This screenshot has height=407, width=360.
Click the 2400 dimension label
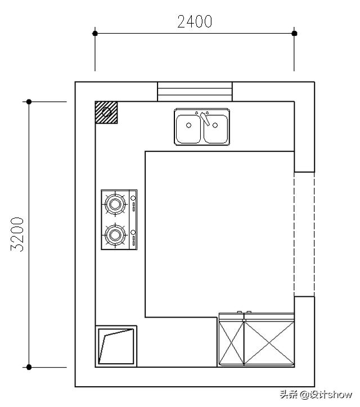(195, 21)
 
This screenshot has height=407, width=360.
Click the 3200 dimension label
(17, 234)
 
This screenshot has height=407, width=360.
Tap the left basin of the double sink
(188, 129)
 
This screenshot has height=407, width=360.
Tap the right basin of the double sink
(216, 129)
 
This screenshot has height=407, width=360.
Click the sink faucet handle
(205, 119)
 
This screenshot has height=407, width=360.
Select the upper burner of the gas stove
(115, 204)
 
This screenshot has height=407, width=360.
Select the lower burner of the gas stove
(115, 235)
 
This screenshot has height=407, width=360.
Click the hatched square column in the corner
(106, 112)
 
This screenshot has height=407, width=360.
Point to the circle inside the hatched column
(106, 112)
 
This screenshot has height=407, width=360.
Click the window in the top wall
(195, 92)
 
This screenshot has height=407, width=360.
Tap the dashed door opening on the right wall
(304, 234)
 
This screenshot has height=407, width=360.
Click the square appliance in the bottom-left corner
(116, 346)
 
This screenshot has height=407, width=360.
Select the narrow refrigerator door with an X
(231, 343)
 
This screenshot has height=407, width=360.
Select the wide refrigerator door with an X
(269, 343)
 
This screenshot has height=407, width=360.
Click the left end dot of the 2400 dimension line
(95, 33)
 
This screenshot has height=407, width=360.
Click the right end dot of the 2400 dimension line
(294, 33)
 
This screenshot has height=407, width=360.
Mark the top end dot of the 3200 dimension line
(29, 102)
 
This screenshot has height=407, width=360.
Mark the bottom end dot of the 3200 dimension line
(29, 367)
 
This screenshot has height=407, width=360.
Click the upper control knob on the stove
(133, 198)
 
